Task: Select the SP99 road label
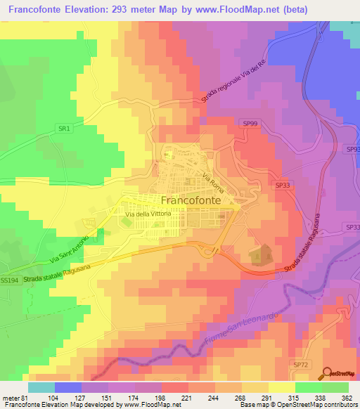250,124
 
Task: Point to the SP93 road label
352,150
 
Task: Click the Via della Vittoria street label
148,214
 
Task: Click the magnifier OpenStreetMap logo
328,374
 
